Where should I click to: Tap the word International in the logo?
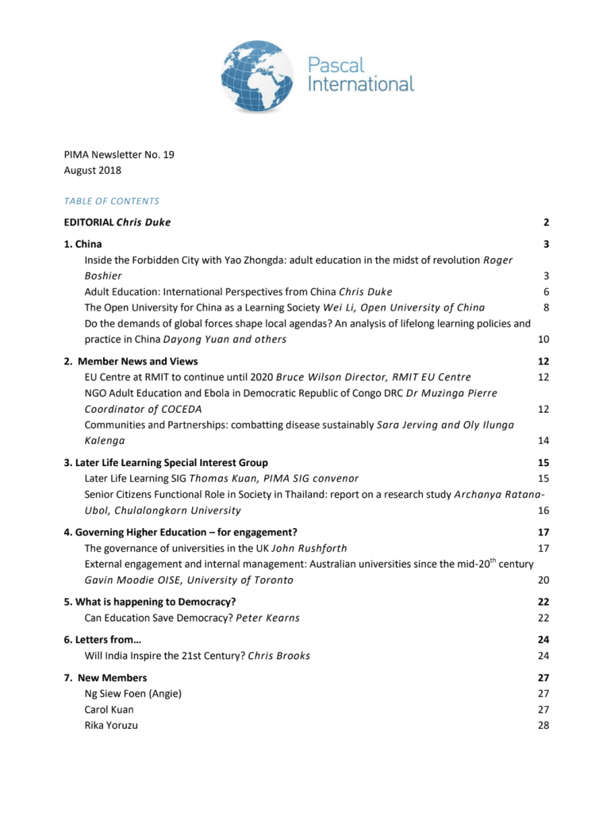coord(361,83)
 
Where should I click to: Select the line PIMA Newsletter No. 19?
coord(119,154)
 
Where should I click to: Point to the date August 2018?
coord(93,170)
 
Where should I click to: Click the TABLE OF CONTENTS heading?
coord(112,201)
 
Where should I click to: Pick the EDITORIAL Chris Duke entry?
coord(117,222)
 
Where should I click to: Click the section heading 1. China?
coord(83,244)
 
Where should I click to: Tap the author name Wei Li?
coord(339,307)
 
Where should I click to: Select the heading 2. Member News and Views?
coord(131,361)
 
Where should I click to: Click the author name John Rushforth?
coord(309,548)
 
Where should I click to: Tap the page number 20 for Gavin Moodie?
coord(543,580)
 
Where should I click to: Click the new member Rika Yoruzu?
coord(111,725)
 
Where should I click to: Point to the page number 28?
coord(543,725)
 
